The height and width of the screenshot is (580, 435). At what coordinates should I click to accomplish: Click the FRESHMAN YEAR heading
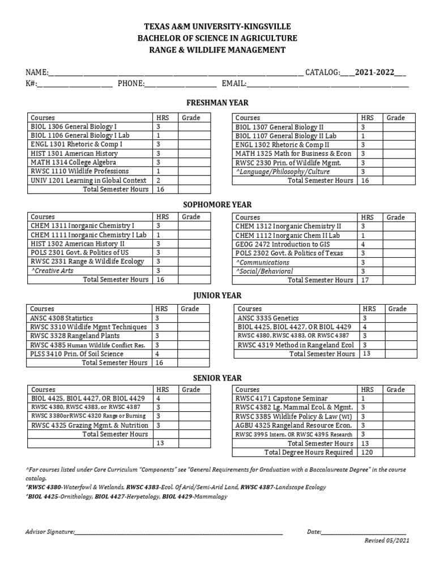(x=217, y=103)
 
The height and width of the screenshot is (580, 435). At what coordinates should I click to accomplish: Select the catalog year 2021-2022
(x=374, y=72)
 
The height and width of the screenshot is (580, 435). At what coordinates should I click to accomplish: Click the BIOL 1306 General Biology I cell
(x=74, y=127)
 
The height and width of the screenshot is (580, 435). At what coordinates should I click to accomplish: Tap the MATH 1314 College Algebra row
(x=74, y=162)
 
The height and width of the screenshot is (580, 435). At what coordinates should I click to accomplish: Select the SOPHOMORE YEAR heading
(x=217, y=204)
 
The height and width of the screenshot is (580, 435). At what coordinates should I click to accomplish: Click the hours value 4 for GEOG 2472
(x=364, y=244)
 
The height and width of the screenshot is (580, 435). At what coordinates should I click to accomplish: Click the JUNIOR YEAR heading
(x=217, y=295)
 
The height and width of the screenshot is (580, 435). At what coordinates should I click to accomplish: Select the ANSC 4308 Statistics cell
(x=62, y=318)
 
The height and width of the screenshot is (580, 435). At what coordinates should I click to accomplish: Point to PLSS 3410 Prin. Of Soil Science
(x=76, y=353)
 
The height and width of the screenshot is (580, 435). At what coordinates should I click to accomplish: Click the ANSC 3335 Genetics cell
(x=268, y=318)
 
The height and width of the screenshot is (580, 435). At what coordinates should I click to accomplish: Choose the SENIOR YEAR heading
(x=217, y=378)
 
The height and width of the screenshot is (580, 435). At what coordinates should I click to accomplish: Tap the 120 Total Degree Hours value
(x=366, y=452)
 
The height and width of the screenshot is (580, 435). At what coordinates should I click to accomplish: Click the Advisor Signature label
(x=50, y=532)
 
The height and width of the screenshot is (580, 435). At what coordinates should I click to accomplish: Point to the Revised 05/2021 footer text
(x=387, y=540)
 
